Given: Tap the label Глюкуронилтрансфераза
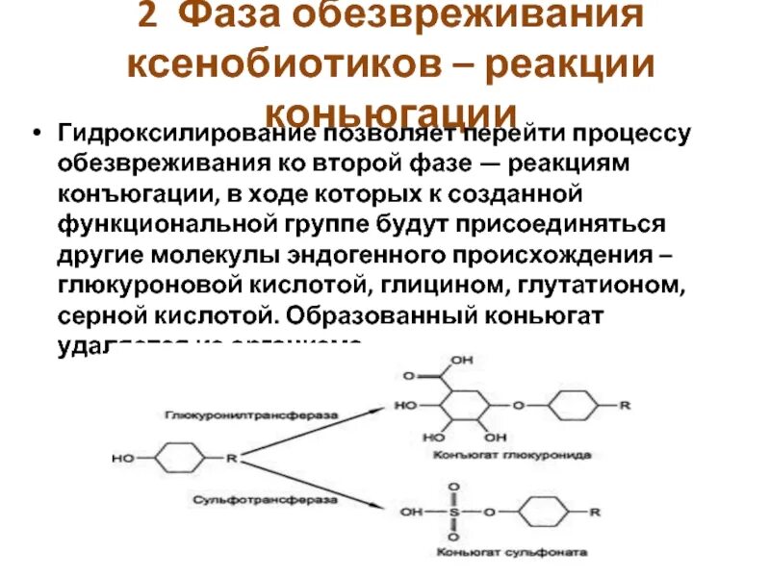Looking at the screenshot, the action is coord(251,414).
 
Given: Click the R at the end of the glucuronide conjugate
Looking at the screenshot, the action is coord(625,406).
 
